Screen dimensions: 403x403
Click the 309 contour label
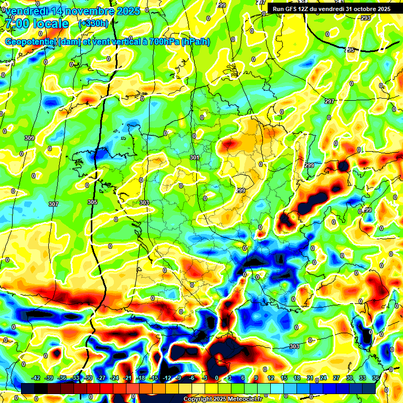(x=29, y=138)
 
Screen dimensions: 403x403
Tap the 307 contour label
(x=54, y=204)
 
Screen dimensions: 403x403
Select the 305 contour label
(x=92, y=202)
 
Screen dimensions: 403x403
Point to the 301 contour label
(x=195, y=157)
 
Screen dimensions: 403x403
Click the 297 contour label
(x=330, y=101)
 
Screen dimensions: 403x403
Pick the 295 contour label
(x=350, y=50)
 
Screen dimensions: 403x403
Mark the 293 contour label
(x=366, y=18)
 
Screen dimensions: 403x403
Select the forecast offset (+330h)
(x=93, y=23)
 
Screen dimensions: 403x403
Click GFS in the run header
(x=292, y=9)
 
